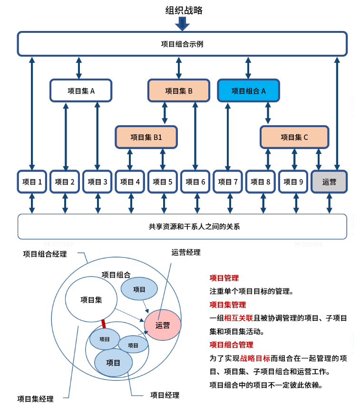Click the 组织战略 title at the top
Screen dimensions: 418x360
(x=184, y=10)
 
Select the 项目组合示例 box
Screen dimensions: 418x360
(x=182, y=44)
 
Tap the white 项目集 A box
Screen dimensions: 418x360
(x=81, y=90)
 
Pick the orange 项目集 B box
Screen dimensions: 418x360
(x=179, y=90)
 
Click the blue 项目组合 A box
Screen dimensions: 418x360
(x=248, y=90)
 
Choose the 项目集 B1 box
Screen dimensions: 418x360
(x=146, y=137)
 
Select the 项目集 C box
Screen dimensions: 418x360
(x=294, y=137)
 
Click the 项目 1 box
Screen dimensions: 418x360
(x=32, y=181)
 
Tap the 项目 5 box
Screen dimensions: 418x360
(x=163, y=181)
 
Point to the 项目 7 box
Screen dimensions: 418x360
(x=228, y=181)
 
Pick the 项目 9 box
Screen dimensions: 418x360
(x=293, y=181)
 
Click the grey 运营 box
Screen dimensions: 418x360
(x=329, y=181)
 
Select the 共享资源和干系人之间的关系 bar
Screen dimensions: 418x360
(x=182, y=227)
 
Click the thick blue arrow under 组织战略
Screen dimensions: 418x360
(x=183, y=23)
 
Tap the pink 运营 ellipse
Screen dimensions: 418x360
(x=163, y=325)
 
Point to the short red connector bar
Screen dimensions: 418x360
(x=103, y=324)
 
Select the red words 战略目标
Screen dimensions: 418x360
(x=255, y=358)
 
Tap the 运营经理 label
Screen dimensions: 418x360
(x=186, y=252)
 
